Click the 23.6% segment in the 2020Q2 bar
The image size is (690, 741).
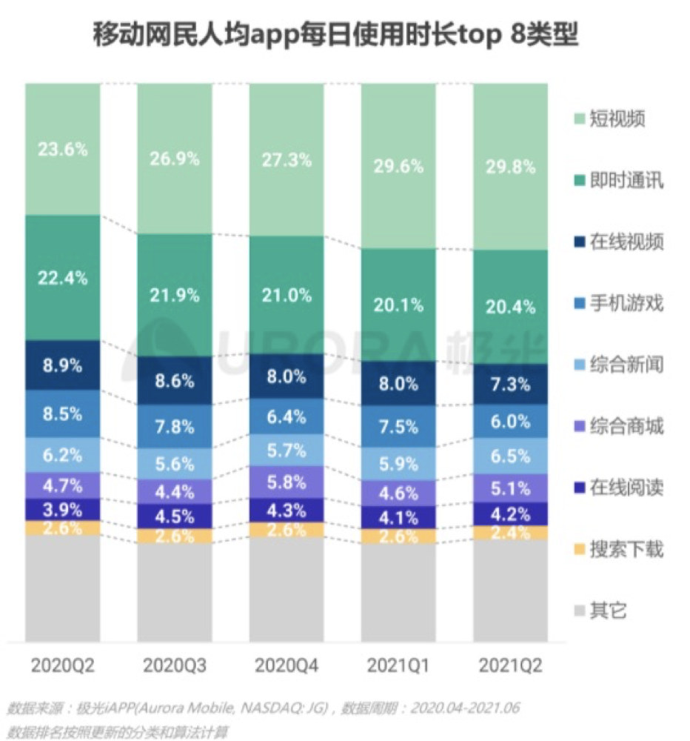(x=62, y=149)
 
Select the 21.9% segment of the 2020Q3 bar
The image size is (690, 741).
(x=174, y=295)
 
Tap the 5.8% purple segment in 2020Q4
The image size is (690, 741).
(x=286, y=482)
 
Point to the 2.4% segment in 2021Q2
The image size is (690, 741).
(x=510, y=533)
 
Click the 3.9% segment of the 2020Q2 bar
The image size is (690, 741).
(x=62, y=509)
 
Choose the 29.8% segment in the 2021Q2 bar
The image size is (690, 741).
(x=510, y=167)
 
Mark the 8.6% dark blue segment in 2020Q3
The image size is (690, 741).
(x=174, y=382)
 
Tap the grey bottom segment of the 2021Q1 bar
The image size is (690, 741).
(x=398, y=593)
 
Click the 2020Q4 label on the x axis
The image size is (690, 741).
(x=286, y=665)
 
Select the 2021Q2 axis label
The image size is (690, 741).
(x=510, y=665)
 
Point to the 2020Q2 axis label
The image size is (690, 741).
(x=62, y=665)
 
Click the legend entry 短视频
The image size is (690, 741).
(x=617, y=119)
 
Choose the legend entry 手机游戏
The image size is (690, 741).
(x=626, y=303)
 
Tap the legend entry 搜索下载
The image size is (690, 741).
(x=626, y=550)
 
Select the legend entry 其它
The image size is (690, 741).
(x=608, y=611)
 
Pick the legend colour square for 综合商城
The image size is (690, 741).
(x=579, y=427)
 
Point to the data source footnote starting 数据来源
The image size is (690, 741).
(x=263, y=708)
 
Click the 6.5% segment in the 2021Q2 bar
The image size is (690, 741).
(x=510, y=456)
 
